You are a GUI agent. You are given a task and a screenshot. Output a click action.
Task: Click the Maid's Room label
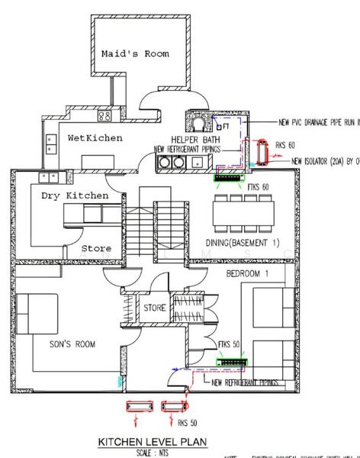point(135,53)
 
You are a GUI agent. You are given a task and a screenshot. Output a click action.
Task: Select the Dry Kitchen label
point(75,196)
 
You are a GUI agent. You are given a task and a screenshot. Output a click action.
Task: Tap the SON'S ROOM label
point(70,344)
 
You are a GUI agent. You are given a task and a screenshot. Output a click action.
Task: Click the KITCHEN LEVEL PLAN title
point(155,442)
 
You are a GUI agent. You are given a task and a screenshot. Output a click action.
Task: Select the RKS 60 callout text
point(285,144)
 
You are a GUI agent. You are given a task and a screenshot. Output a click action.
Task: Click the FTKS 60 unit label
point(261,187)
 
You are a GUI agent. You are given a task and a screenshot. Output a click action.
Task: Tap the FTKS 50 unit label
point(228,345)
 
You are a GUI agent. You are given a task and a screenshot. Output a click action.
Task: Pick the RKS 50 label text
point(188,422)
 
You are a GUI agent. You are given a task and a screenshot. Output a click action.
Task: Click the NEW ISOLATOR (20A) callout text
point(325,162)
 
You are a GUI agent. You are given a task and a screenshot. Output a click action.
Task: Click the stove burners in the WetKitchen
point(105,115)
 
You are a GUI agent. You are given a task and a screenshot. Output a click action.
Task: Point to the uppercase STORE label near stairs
point(155,308)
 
